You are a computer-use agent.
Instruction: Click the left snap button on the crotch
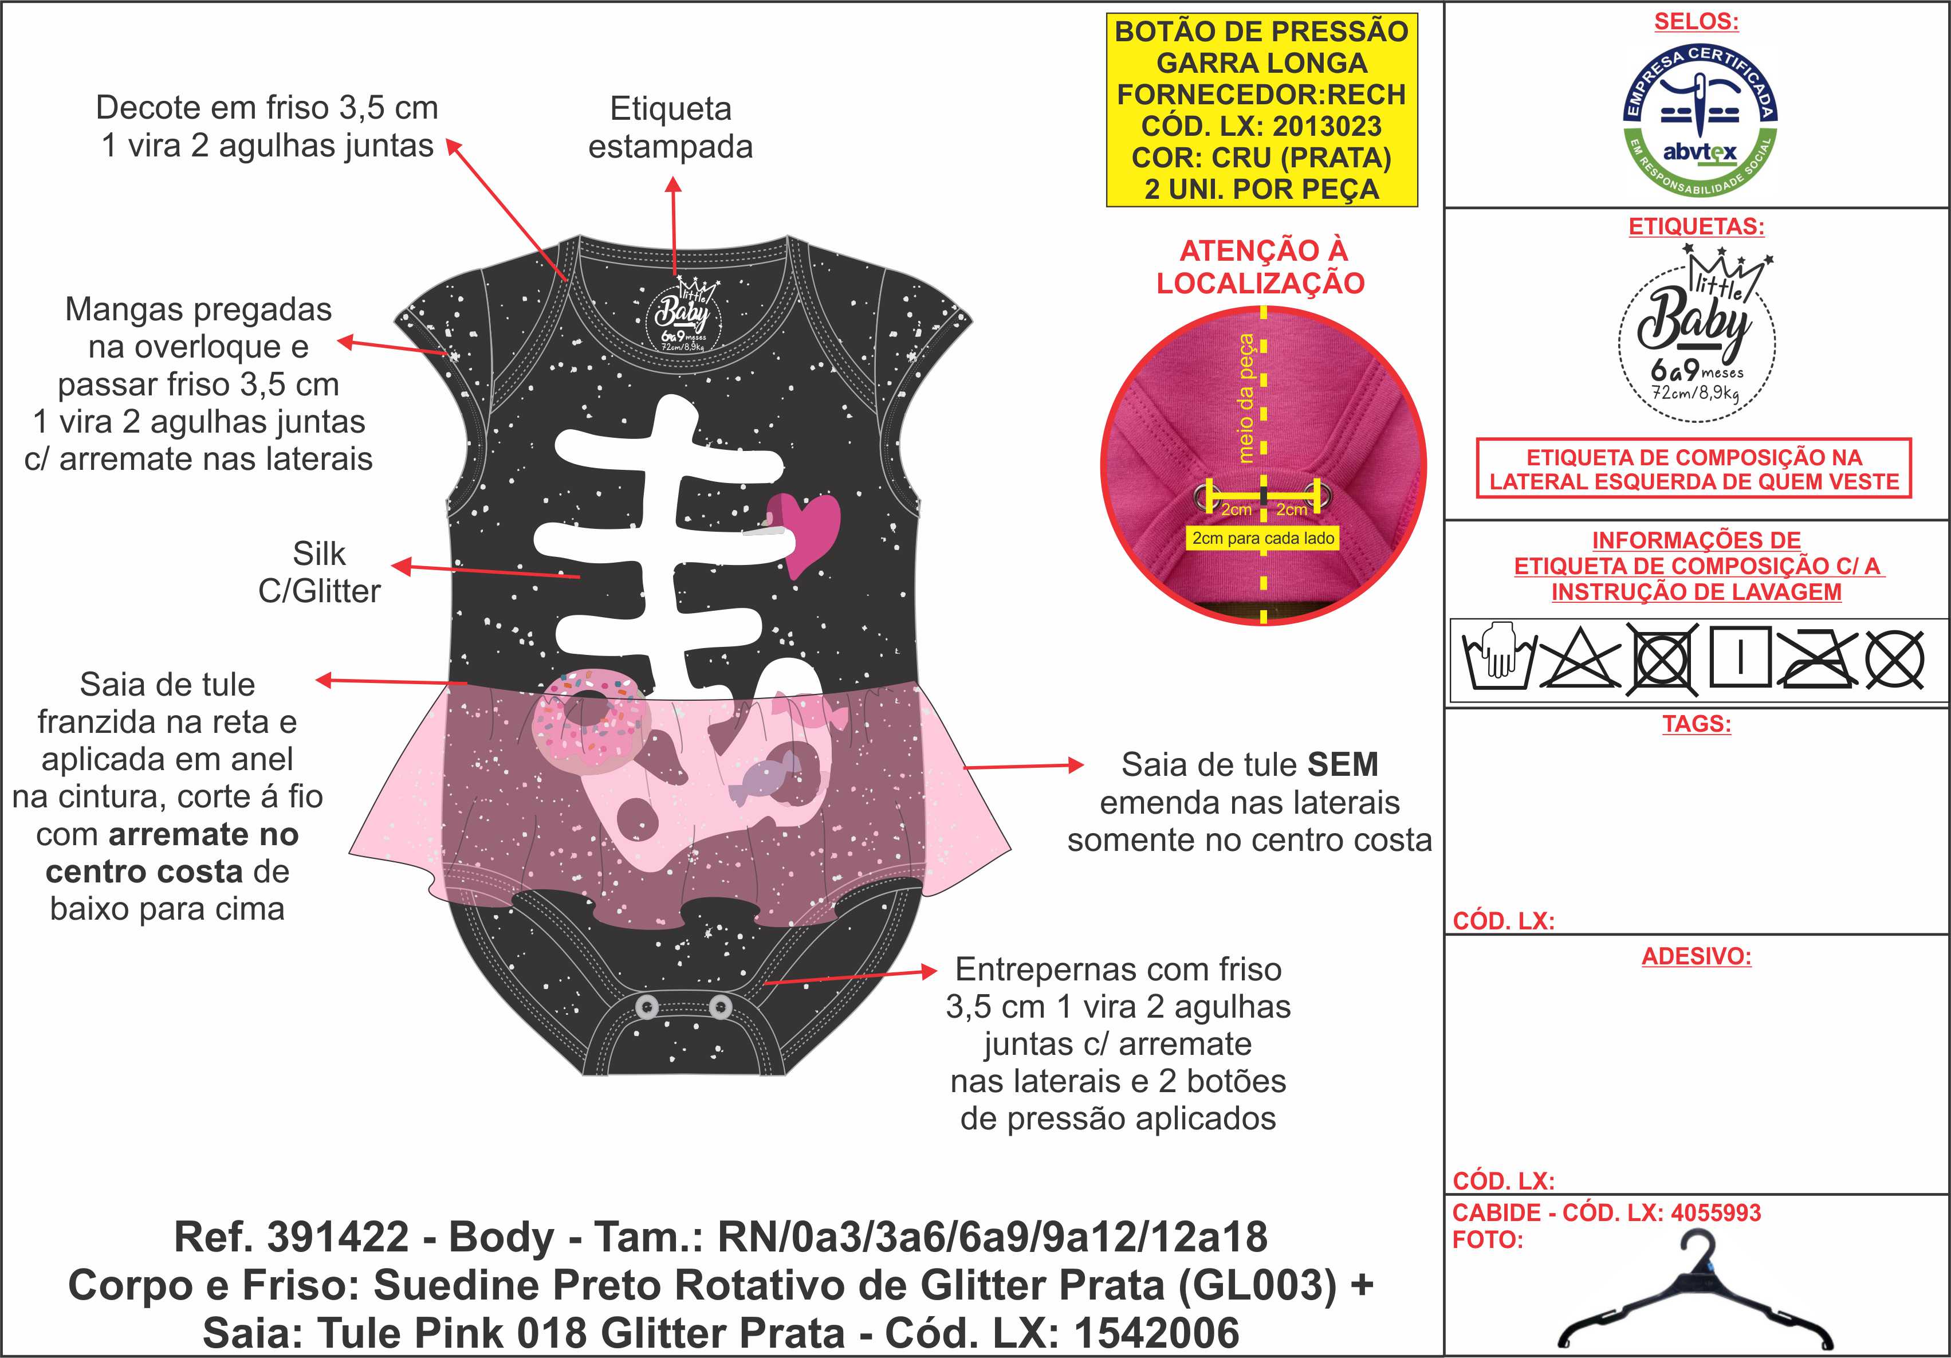click(x=647, y=1007)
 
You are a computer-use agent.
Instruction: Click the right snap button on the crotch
click(x=719, y=1007)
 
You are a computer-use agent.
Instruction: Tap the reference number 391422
click(x=338, y=1237)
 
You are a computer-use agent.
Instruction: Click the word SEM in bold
click(x=1343, y=765)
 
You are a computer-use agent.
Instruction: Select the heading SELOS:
click(x=1696, y=22)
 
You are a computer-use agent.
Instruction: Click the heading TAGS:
click(x=1696, y=724)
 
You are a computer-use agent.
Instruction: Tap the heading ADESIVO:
click(x=1696, y=956)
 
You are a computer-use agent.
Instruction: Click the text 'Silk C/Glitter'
click(x=320, y=572)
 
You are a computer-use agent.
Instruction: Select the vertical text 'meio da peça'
click(x=1246, y=398)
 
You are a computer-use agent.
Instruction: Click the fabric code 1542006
click(x=1157, y=1333)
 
